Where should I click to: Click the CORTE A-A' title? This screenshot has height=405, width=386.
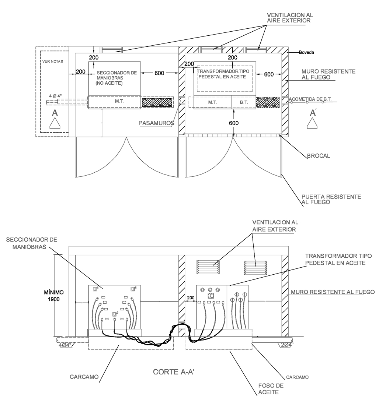174,372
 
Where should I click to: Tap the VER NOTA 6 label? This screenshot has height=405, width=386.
53,61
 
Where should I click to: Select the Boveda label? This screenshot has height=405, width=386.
307,52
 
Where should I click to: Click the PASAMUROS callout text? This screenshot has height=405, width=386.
157,123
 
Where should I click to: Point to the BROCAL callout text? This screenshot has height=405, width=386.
319,156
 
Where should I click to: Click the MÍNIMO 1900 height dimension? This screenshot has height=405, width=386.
54,296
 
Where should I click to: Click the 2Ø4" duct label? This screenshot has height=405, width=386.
287,345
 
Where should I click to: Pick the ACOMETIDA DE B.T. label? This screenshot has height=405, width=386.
310,99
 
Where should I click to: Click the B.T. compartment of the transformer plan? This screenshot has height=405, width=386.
243,103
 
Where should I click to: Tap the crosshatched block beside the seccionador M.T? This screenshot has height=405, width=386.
157,103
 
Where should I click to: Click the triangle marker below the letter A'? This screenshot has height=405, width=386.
313,123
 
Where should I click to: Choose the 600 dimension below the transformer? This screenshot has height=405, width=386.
234,123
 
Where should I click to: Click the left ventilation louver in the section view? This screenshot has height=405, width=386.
208,267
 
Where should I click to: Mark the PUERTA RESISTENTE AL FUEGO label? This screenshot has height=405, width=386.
331,200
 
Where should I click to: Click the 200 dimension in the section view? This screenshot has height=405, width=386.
191,298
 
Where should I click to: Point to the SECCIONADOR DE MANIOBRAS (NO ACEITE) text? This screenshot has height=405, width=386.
116,78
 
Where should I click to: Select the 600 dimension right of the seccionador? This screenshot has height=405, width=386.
159,73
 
